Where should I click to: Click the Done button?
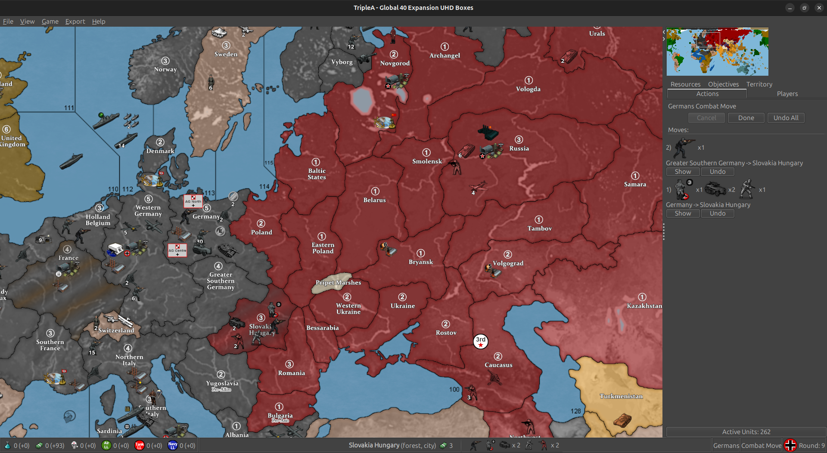tap(746, 118)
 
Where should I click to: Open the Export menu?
tap(75, 22)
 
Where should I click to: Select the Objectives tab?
tap(723, 84)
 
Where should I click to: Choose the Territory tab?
tap(759, 84)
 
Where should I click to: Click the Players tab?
tap(787, 94)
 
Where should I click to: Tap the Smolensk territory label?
tap(427, 161)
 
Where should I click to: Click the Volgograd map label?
tap(508, 263)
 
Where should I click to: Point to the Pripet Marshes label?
tap(338, 283)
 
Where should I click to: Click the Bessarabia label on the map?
tap(322, 328)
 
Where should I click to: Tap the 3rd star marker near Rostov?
tap(481, 342)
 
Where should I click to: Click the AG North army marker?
tap(193, 201)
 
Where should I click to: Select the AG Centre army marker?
tap(177, 250)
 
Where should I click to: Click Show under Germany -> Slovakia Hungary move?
tap(683, 213)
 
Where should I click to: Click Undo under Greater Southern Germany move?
tap(717, 172)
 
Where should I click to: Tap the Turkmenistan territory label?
tap(621, 396)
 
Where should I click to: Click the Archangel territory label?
tap(445, 55)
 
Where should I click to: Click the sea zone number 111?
tap(69, 108)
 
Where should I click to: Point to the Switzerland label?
tap(116, 330)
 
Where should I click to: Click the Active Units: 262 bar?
tap(746, 432)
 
